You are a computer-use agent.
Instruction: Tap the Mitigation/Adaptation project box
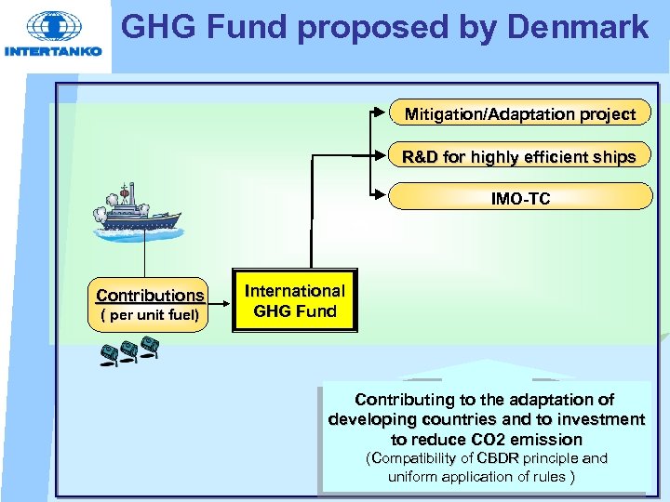click(520, 114)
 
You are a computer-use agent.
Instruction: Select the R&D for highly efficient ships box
click(519, 156)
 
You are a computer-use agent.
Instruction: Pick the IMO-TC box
click(520, 198)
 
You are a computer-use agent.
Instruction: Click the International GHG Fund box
click(295, 301)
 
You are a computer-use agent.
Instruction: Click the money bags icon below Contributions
click(128, 353)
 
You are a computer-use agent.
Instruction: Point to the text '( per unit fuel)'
click(150, 315)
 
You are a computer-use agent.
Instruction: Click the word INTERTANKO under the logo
click(53, 52)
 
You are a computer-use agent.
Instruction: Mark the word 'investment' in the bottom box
click(597, 419)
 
